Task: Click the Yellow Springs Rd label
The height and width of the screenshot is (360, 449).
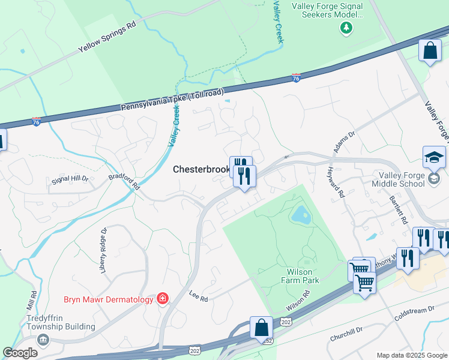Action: point(107,40)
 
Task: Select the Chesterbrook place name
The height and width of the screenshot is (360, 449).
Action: point(201,170)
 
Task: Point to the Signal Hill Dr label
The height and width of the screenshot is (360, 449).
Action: point(70,179)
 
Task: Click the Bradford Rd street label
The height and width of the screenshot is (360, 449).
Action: point(124,182)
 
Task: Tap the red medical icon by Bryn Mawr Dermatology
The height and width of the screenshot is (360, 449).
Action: point(162,298)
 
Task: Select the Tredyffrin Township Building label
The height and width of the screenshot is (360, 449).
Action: point(60,323)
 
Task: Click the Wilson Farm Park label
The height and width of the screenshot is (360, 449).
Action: point(301,275)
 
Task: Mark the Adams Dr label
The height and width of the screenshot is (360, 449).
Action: point(344,142)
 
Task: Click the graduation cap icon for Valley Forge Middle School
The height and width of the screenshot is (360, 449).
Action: point(434,157)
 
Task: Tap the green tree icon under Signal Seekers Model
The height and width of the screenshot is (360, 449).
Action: point(345,27)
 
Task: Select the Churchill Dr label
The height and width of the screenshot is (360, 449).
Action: point(346,334)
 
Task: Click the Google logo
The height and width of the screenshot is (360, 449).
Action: point(20,353)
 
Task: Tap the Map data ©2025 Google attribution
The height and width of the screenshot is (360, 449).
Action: point(411,355)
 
